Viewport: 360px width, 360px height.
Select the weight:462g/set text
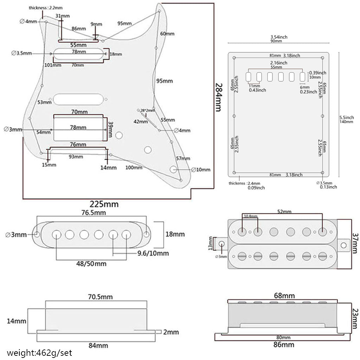[39, 352]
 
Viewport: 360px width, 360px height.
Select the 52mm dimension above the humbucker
[284, 212]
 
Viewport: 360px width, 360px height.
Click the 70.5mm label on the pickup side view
[100, 297]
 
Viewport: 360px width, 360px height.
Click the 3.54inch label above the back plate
[279, 37]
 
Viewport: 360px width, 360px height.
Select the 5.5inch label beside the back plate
[347, 117]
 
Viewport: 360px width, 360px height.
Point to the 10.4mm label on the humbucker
[250, 216]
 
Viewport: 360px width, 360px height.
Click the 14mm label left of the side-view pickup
[17, 321]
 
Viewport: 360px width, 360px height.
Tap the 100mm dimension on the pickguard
[134, 168]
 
